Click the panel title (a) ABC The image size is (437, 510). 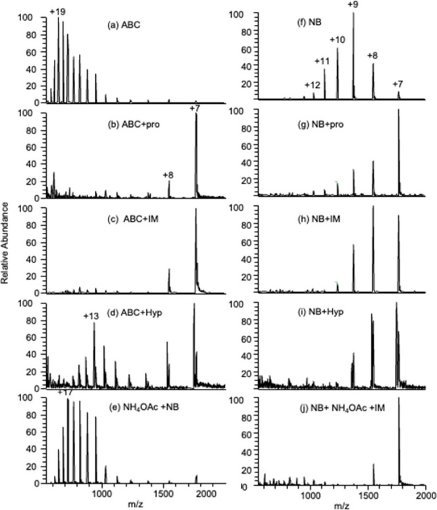click(124, 25)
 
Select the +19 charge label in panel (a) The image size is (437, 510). click(58, 12)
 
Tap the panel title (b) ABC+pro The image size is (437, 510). click(134, 124)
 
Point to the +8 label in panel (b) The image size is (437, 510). click(168, 175)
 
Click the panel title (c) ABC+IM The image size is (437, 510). click(133, 219)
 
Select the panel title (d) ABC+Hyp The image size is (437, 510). click(135, 313)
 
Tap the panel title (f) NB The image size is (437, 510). click(310, 23)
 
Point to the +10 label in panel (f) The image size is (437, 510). click(338, 39)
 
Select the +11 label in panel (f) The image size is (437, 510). click(322, 61)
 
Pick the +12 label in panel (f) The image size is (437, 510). click(313, 85)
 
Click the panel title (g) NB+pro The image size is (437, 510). click(321, 124)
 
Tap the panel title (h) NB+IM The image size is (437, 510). click(320, 219)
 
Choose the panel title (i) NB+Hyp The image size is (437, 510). click(321, 312)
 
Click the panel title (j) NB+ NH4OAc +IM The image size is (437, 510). click(342, 407)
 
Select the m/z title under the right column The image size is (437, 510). click(342, 506)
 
